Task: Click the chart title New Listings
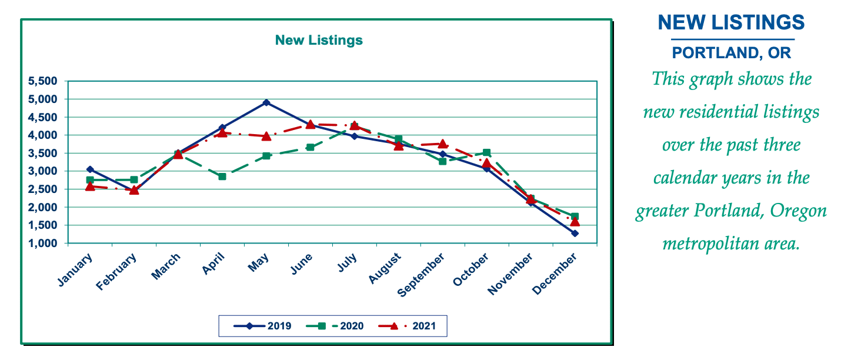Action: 319,40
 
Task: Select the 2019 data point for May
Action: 266,102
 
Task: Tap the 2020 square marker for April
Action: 222,176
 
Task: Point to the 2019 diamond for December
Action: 575,234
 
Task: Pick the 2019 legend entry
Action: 262,325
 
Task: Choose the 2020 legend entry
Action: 335,325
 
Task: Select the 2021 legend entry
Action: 407,325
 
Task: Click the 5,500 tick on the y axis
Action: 43,81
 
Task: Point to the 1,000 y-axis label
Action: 43,244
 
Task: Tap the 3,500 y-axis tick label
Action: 43,154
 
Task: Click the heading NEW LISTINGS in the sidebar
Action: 731,22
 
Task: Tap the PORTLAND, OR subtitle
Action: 732,53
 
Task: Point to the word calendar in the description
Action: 688,177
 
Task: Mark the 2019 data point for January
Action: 90,169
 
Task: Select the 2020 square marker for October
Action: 486,153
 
